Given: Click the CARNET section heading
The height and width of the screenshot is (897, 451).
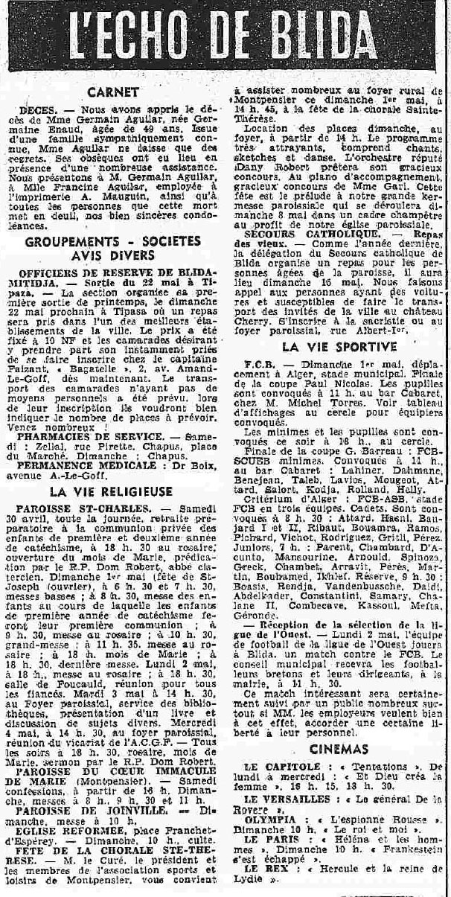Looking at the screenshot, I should pos(112,92).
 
